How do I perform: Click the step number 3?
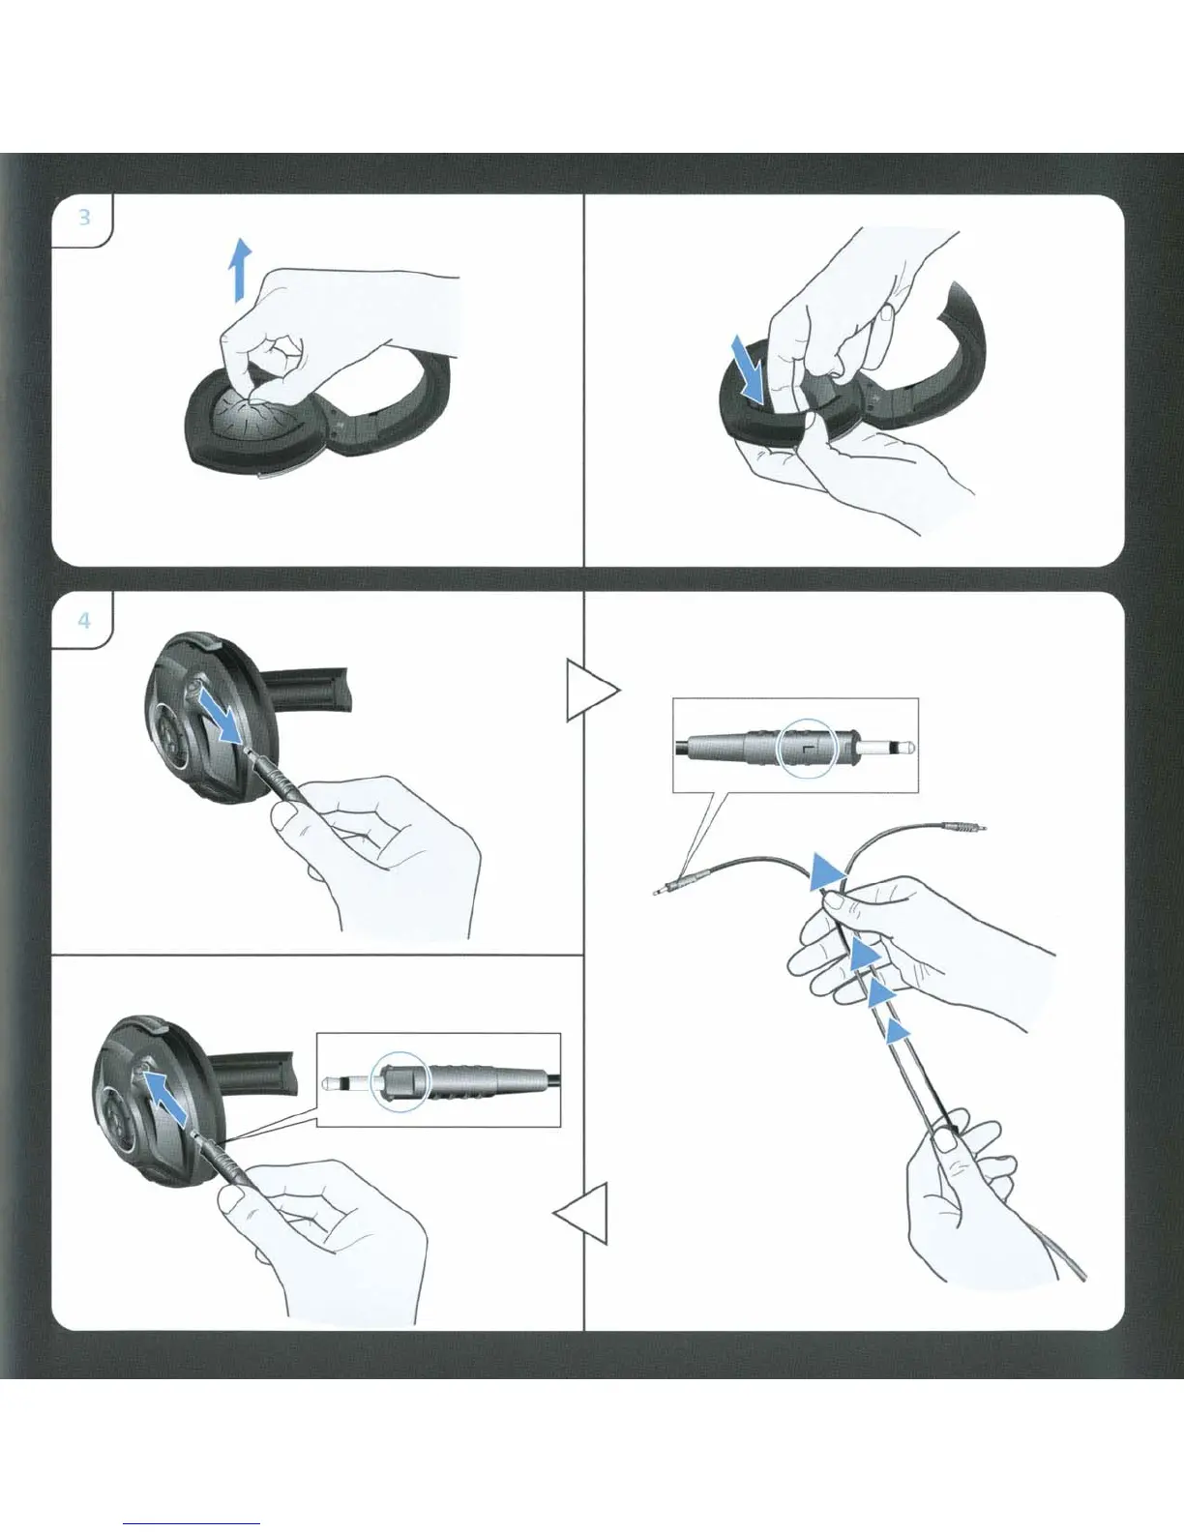(x=84, y=218)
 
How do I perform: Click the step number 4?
(x=84, y=621)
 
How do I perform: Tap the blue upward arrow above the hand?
(x=241, y=270)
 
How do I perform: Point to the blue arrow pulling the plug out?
(x=220, y=716)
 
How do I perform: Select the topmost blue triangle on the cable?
(x=827, y=872)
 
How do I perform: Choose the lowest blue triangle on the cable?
(x=897, y=1031)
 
